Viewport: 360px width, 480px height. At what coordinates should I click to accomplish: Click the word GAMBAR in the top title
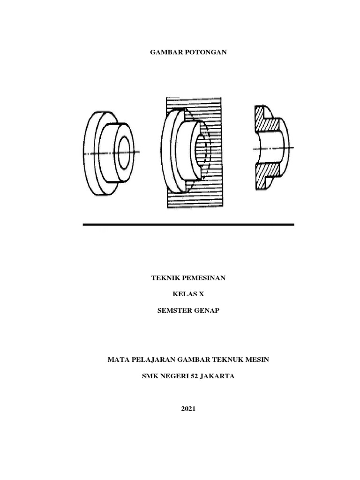(165, 52)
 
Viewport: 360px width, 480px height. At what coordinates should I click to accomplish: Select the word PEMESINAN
(202, 278)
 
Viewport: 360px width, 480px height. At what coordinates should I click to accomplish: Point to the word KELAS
(183, 294)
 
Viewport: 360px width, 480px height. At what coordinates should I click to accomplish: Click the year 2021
(188, 408)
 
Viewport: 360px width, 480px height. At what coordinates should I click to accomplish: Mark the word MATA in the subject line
(117, 360)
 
